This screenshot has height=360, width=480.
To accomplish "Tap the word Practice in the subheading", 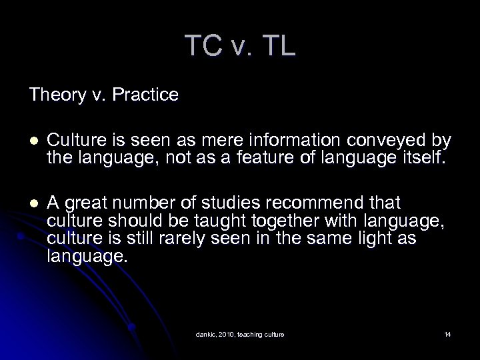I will tap(147, 95).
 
